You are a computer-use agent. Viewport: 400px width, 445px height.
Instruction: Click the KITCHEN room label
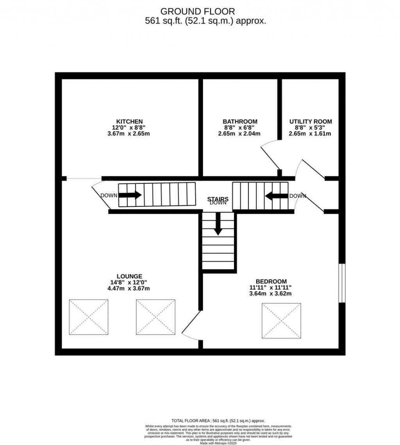(x=129, y=122)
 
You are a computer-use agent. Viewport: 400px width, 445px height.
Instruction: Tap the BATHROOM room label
(x=240, y=122)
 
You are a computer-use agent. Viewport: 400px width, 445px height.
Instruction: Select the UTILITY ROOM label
(x=310, y=122)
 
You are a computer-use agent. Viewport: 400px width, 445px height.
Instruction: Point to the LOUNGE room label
(x=129, y=276)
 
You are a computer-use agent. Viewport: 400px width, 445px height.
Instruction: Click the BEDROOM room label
(x=271, y=281)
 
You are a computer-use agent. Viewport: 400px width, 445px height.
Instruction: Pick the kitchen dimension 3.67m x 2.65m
(x=129, y=134)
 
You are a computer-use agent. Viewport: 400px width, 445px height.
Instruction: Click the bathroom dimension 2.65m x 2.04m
(x=239, y=134)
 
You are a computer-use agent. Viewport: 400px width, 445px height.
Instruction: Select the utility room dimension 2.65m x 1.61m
(x=310, y=134)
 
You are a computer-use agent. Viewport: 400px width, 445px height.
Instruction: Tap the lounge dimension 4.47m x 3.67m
(x=129, y=289)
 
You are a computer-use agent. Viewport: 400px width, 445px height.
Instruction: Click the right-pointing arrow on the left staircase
(x=130, y=195)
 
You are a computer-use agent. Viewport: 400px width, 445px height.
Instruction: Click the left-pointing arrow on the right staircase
(x=277, y=195)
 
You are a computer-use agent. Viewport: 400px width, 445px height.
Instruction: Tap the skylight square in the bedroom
(x=281, y=320)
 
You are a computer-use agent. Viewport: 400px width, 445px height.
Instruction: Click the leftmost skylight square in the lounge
(x=89, y=317)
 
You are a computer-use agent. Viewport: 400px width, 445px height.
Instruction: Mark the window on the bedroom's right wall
(x=342, y=283)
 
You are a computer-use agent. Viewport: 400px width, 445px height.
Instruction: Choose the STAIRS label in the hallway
(x=218, y=199)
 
